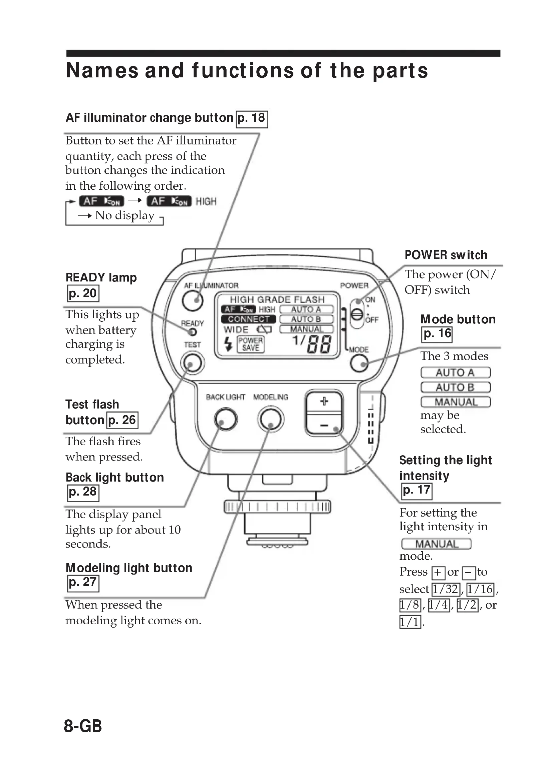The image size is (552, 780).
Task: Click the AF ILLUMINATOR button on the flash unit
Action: point(192,301)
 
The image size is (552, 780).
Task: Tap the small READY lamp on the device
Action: point(192,332)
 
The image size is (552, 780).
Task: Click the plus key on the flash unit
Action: point(324,402)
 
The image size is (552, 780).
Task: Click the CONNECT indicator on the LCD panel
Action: point(249,319)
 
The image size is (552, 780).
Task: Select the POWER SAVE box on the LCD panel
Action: point(251,344)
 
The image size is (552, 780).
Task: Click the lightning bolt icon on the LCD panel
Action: point(228,344)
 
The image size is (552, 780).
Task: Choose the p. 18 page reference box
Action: point(252,119)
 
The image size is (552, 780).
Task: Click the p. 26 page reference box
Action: point(122,420)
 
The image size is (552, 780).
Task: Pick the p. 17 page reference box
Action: point(417,491)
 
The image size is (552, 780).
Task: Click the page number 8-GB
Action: point(82,726)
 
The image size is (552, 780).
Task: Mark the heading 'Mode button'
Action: point(458,319)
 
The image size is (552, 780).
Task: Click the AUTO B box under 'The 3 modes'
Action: point(456,387)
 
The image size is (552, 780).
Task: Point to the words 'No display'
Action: point(125,215)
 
